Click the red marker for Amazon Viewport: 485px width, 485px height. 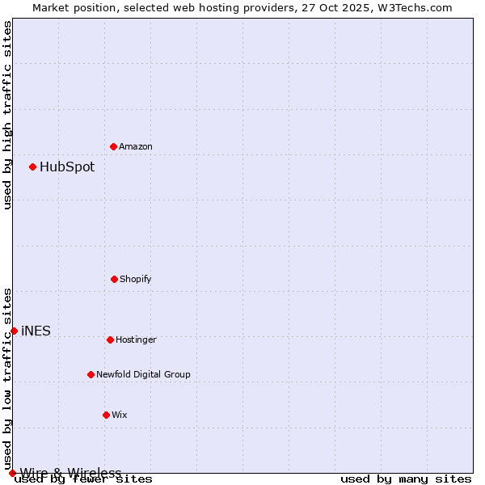click(x=113, y=146)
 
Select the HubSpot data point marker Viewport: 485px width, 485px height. click(x=32, y=167)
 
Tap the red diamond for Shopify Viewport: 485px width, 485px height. click(x=114, y=279)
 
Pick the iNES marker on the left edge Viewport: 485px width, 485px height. click(x=14, y=331)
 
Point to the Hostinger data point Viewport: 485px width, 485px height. click(x=110, y=339)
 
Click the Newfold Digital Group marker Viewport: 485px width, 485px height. click(x=91, y=374)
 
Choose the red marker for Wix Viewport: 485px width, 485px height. click(x=106, y=415)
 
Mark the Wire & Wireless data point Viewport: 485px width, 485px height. click(x=12, y=473)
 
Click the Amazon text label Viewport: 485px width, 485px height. click(x=136, y=146)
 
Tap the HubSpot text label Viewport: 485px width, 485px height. click(x=67, y=167)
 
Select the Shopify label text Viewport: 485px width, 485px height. click(x=136, y=279)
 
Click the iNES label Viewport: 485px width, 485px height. click(x=36, y=331)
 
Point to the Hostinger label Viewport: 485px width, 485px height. click(x=136, y=339)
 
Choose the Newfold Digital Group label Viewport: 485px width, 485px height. click(x=143, y=374)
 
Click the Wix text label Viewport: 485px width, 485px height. click(x=120, y=415)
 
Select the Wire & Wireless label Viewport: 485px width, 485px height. click(x=70, y=473)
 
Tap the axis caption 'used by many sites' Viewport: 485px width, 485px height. click(x=406, y=479)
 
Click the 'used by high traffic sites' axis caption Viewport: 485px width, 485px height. click(x=7, y=115)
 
